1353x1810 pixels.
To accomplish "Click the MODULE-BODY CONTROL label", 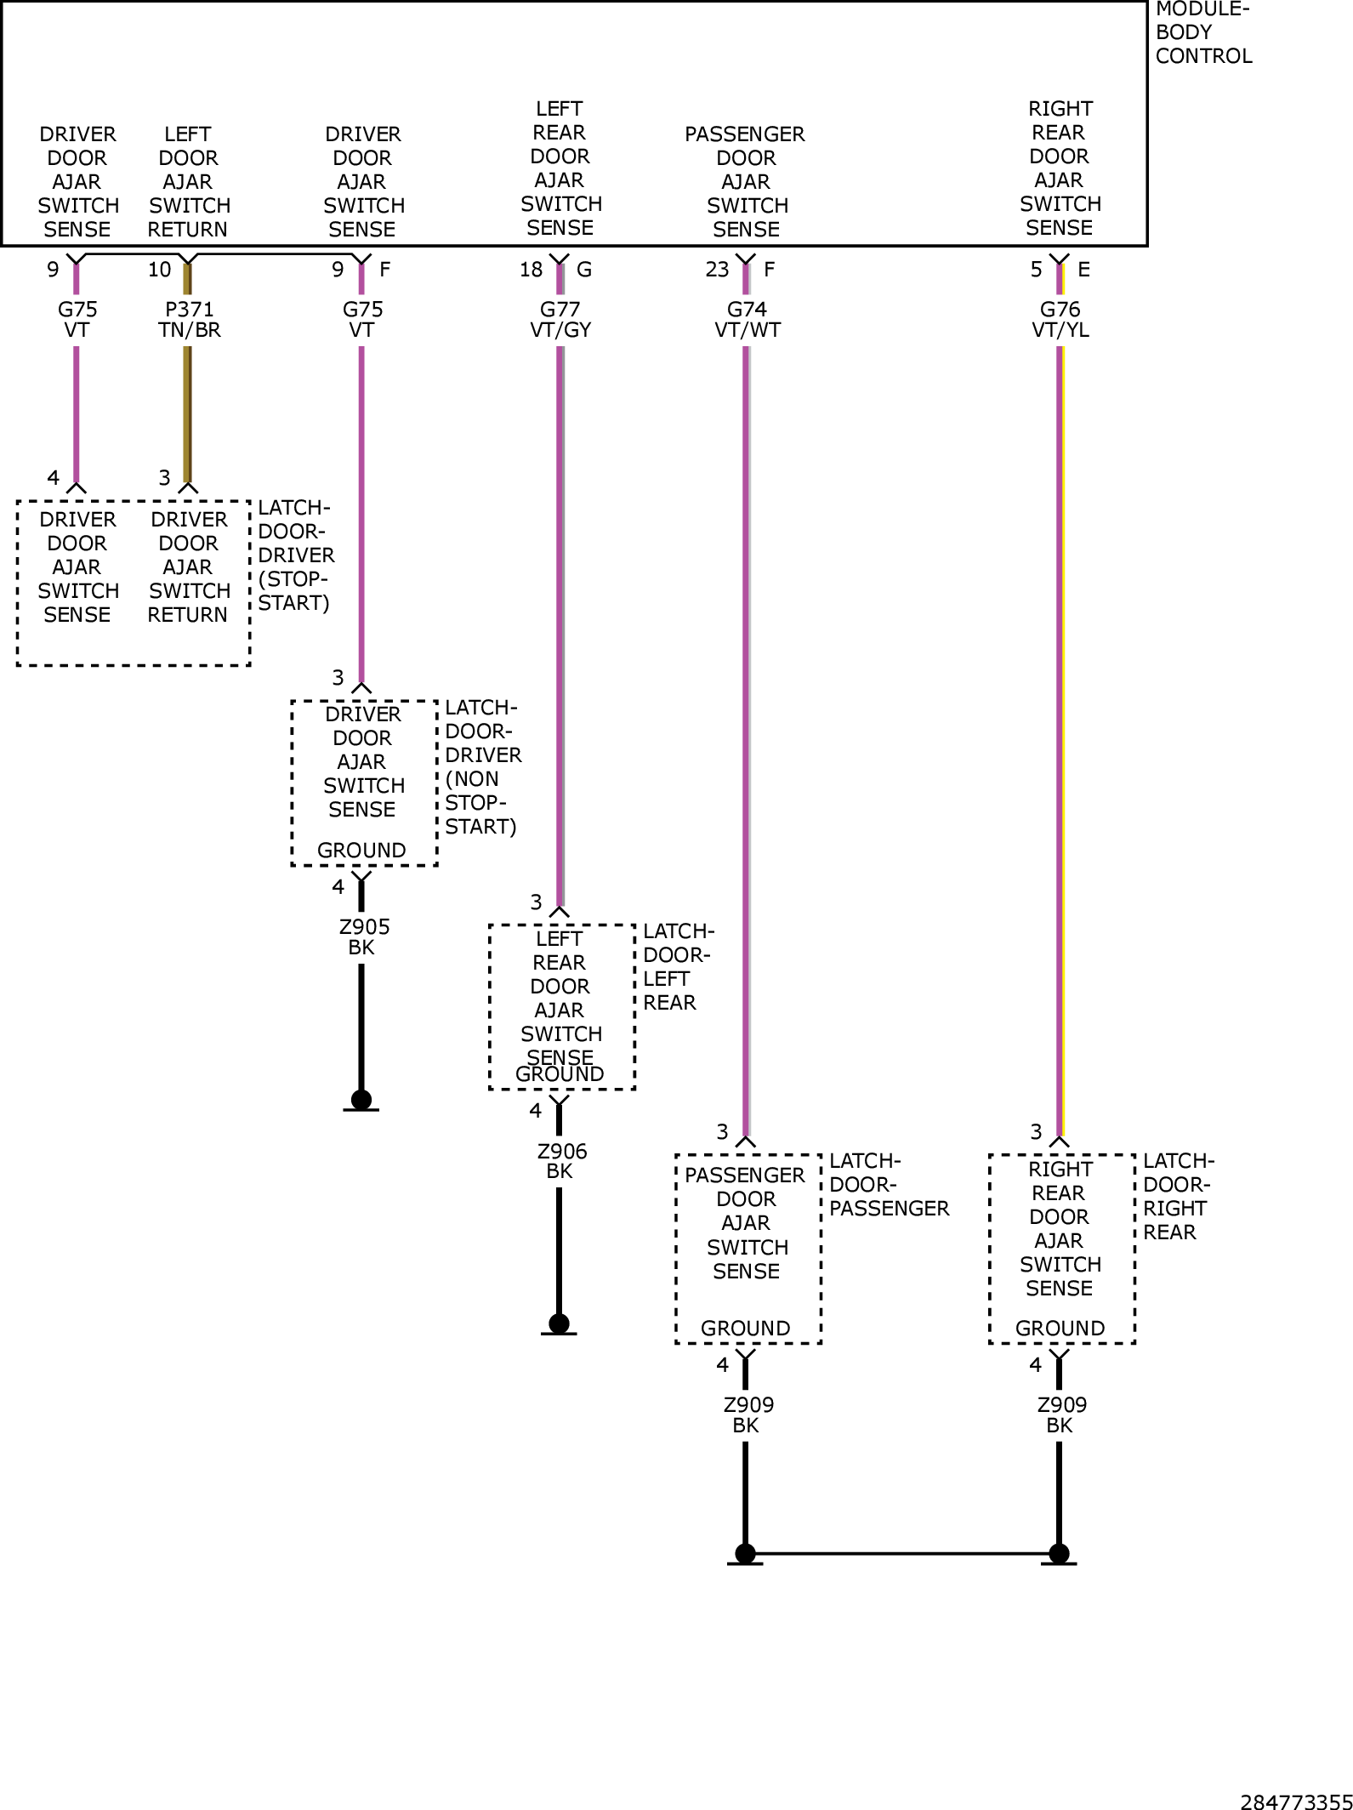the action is (x=1203, y=33).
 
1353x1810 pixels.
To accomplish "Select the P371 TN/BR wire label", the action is (x=189, y=320).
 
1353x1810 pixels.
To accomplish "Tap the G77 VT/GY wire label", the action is (x=560, y=320).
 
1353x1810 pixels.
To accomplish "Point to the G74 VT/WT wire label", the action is (x=748, y=320).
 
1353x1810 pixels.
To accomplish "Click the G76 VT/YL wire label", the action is (x=1060, y=320).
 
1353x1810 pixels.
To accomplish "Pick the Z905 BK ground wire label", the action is (x=364, y=937).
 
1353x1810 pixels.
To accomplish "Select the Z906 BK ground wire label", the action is (x=561, y=1161).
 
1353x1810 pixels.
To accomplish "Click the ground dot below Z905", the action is (x=361, y=1100).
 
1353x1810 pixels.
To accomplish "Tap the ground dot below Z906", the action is (x=559, y=1323).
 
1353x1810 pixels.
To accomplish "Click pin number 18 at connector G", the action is (x=531, y=270).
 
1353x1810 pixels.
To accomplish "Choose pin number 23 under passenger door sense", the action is (x=717, y=270).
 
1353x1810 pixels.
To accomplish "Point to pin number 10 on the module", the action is (x=159, y=270).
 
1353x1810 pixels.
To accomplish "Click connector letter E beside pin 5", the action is (x=1083, y=270).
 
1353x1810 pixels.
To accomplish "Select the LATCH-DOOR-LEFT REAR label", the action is (x=679, y=967).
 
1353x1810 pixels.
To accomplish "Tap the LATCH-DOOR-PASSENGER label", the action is (x=889, y=1185).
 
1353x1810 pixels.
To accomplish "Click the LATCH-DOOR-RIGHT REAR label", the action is (x=1179, y=1197).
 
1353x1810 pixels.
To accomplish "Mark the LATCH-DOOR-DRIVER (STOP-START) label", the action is (x=296, y=555).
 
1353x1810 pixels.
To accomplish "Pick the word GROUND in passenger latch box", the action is (x=746, y=1329).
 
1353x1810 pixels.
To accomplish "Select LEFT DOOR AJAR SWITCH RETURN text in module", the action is (x=188, y=182).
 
